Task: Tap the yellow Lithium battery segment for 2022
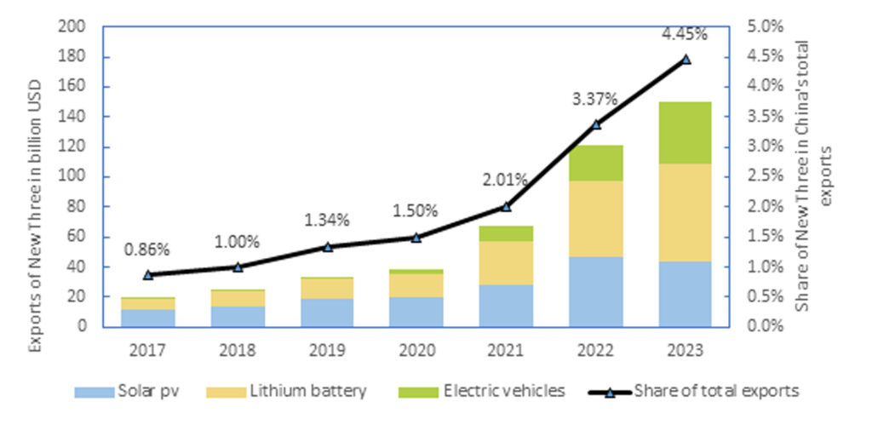[x=596, y=219]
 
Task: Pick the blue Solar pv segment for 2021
[x=506, y=305]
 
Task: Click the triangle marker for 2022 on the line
[x=596, y=123]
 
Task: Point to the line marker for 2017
[x=148, y=274]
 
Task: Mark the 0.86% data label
[x=148, y=250]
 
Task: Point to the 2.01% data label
[x=507, y=180]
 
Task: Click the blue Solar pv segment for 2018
[x=238, y=316]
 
